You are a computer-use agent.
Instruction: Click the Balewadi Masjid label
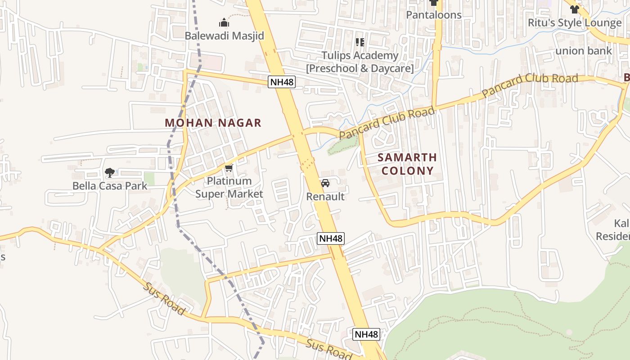(x=224, y=36)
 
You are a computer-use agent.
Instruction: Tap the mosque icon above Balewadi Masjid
(x=224, y=22)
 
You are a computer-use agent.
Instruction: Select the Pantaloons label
(x=434, y=15)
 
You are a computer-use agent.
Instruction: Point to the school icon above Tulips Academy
(x=360, y=42)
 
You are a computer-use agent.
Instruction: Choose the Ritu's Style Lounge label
(x=574, y=23)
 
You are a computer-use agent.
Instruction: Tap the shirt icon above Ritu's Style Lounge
(x=574, y=9)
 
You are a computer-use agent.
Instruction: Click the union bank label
(x=583, y=51)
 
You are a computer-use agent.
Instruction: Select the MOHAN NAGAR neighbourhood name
(x=213, y=123)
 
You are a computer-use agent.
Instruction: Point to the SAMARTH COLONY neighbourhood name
(x=407, y=164)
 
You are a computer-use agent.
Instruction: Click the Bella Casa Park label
(x=110, y=185)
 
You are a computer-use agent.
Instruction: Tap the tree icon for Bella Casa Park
(x=109, y=172)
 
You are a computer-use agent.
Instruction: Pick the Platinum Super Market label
(x=229, y=187)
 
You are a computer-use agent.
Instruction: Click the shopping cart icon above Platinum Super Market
(x=229, y=168)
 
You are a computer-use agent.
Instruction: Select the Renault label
(x=325, y=197)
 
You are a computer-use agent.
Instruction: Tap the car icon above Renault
(x=325, y=183)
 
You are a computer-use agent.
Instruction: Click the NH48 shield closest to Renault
(x=331, y=238)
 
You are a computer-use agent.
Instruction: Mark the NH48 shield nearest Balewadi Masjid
(x=282, y=82)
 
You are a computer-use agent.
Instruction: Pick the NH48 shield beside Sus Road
(x=366, y=334)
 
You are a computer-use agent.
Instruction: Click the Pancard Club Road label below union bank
(x=530, y=85)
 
